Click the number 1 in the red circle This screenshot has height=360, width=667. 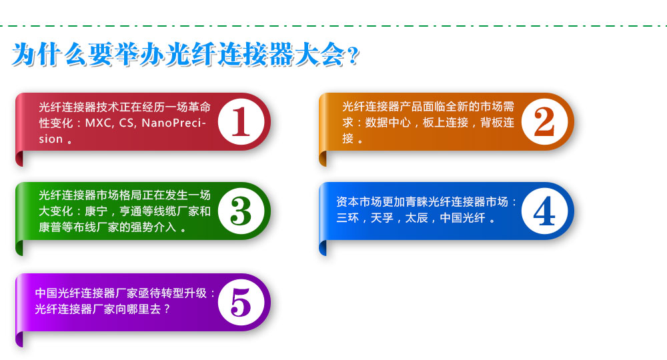241,121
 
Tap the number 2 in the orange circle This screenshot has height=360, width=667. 544,121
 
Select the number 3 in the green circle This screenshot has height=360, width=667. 241,211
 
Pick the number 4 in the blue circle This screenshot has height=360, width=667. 544,211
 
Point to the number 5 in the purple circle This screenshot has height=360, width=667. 241,302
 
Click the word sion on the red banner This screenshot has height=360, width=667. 51,139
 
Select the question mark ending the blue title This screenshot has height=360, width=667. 353,56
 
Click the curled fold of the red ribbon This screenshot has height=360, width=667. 19,159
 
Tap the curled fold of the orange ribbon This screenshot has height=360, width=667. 322,159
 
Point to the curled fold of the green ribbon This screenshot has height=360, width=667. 19,248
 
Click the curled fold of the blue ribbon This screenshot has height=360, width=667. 322,248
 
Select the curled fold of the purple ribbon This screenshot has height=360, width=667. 19,339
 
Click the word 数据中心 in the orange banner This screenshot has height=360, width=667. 388,123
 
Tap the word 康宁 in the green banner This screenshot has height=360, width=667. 96,211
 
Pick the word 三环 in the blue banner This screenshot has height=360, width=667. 348,218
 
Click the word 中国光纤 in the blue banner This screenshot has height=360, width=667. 462,218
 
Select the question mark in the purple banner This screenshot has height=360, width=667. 167,309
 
